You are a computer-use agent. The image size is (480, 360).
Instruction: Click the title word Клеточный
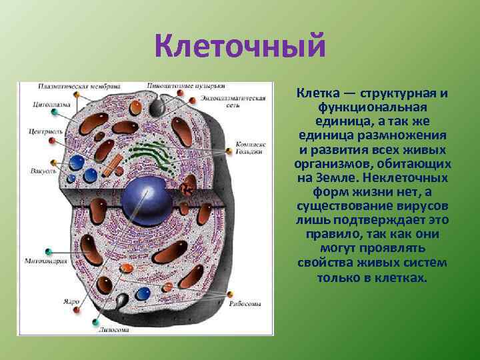coord(240,47)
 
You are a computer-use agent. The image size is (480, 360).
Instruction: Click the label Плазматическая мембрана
coord(79,86)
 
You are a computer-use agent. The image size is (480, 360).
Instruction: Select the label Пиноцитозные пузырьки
coord(196,86)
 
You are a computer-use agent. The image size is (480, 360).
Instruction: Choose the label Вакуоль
coord(41,172)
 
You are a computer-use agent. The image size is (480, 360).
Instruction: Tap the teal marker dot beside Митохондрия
coord(48,252)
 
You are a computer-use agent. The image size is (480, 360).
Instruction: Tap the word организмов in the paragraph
coord(326,164)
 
